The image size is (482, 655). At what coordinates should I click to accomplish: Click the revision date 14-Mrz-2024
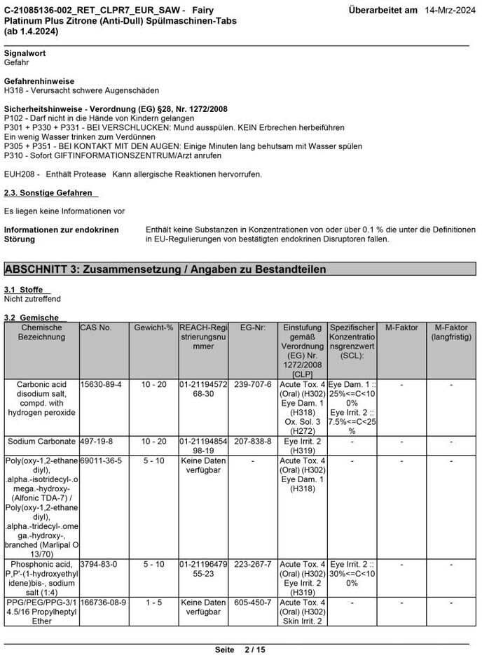450,10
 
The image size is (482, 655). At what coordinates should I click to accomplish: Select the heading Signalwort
25,53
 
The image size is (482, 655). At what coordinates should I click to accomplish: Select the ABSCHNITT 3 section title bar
240,269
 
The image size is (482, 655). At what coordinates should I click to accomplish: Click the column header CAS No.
96,327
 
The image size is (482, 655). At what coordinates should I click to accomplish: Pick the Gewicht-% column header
153,327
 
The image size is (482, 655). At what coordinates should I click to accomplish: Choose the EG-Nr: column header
253,327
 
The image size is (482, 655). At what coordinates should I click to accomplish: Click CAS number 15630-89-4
101,385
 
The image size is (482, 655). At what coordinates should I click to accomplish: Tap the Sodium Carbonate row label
41,442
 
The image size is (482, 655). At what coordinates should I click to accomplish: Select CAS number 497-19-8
96,442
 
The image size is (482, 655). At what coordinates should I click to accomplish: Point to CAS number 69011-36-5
101,461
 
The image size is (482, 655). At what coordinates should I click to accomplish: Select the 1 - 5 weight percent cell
153,602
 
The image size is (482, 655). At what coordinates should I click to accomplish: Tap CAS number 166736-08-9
103,602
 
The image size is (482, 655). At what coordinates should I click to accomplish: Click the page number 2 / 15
254,649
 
